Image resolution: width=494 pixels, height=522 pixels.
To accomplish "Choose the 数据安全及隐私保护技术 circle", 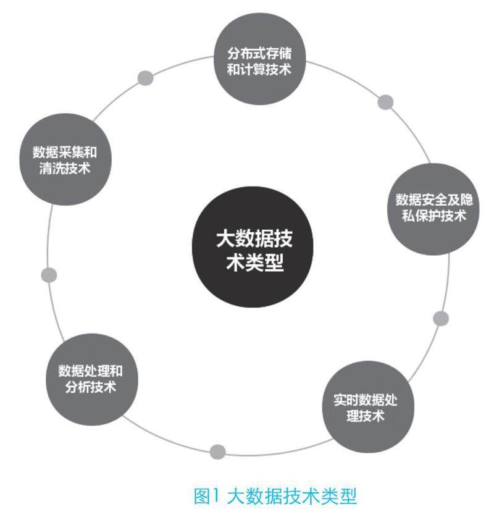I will (430, 208).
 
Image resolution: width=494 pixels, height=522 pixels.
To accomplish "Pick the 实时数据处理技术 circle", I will (366, 408).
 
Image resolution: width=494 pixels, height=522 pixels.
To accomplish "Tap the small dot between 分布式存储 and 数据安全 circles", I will (385, 102).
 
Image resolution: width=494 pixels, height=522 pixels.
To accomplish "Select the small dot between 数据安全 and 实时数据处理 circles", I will (441, 318).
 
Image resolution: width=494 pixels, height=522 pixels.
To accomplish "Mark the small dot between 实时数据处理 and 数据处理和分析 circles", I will (217, 452).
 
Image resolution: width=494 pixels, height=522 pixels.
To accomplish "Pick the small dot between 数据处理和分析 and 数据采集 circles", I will (49, 275).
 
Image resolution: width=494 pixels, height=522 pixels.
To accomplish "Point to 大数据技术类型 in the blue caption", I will (292, 496).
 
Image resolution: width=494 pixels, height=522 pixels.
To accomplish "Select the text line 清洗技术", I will (64, 167).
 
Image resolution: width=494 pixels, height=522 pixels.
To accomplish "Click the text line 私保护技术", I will (430, 216).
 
